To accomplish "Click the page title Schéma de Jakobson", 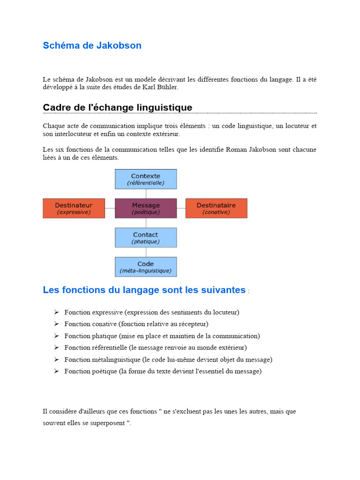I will (92, 45).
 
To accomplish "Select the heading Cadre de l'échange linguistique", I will (117, 107).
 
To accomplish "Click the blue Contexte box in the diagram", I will (146, 179).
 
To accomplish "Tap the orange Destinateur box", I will (74, 208).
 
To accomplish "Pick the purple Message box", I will (146, 208).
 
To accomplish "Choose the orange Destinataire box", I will (216, 208).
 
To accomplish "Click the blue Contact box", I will (146, 237).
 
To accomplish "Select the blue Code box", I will (146, 267).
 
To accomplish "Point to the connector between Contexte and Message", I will (146, 194).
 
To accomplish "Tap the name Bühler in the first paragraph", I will (168, 87).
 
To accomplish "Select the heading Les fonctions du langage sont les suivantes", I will (144, 290).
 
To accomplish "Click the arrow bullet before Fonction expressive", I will (56, 312).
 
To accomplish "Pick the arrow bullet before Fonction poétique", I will (56, 371).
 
